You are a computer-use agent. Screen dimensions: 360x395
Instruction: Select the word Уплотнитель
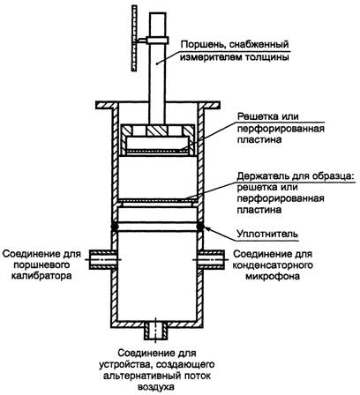[267, 235]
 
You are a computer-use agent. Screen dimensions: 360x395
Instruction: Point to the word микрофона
[273, 276]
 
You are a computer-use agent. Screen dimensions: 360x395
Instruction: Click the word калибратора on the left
[41, 276]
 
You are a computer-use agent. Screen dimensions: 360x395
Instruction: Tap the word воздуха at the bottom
[156, 387]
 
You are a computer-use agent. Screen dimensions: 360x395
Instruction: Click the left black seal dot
[114, 227]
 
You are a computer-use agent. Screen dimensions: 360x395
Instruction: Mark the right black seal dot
[200, 227]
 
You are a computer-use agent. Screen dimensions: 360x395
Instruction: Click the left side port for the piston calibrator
[101, 259]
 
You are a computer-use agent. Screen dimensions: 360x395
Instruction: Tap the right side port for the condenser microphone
[213, 259]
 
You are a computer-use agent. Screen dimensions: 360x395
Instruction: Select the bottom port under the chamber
[156, 331]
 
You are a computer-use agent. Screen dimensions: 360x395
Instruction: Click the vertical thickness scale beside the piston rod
[135, 39]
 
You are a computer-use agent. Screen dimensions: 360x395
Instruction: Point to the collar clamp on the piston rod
[157, 40]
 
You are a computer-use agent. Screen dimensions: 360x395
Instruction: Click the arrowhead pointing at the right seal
[206, 227]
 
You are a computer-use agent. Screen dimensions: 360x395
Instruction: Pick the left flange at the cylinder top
[107, 104]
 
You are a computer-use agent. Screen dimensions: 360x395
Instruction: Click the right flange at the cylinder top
[208, 104]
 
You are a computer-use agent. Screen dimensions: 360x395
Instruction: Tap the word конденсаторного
[273, 265]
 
